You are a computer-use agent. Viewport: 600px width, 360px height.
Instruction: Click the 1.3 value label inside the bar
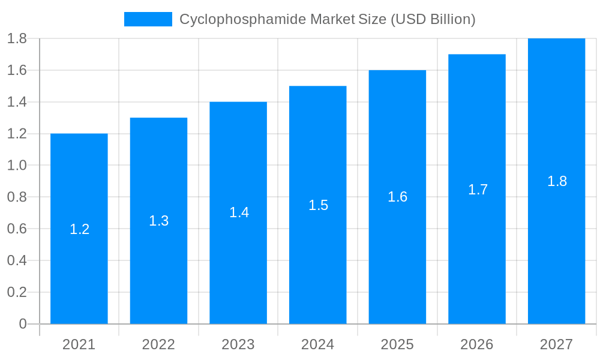159,221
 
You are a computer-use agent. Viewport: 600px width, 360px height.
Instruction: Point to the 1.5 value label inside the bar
318,205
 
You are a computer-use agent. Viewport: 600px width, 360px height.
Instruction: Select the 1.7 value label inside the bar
478,190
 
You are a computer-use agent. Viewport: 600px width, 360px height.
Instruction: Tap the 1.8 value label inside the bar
557,181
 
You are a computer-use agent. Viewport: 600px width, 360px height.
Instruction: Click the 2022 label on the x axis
158,344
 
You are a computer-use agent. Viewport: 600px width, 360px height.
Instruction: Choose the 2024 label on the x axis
317,344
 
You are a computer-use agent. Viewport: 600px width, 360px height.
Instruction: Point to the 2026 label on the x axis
476,344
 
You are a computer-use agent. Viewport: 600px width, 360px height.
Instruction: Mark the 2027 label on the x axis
556,344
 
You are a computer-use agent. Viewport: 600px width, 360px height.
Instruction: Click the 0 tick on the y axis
23,324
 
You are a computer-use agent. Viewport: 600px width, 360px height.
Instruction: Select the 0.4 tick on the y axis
17,260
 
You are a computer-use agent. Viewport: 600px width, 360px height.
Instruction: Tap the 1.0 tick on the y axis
17,166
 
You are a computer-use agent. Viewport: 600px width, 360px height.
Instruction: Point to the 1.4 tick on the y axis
17,102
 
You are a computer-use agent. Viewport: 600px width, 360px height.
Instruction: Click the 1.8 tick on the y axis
17,39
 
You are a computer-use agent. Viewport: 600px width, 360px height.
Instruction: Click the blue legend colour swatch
148,19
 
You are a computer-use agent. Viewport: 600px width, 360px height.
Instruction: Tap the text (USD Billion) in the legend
433,19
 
